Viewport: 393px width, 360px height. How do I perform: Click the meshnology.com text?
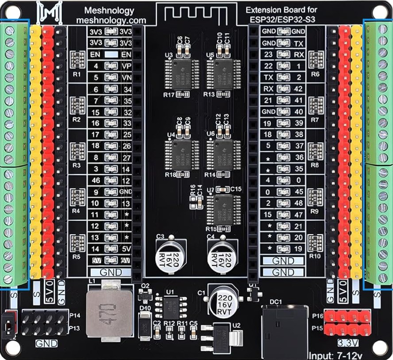(111, 20)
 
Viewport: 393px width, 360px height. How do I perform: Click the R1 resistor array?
(77, 59)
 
